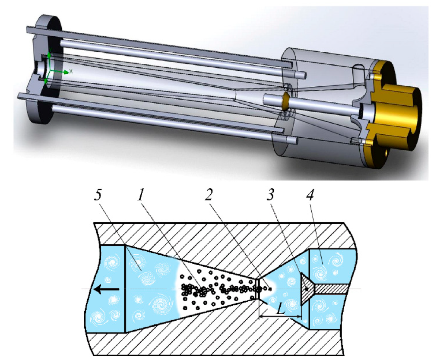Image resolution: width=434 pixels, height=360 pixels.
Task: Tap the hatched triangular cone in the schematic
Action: point(307,289)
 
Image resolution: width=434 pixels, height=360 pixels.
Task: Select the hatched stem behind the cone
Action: point(330,289)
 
